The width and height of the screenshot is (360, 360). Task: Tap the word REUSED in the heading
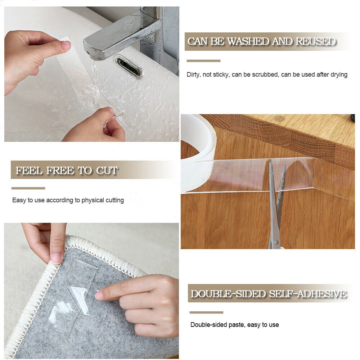coord(315,42)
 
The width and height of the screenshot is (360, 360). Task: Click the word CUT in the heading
coord(107,171)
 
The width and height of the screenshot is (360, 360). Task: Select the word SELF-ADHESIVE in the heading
coord(308,294)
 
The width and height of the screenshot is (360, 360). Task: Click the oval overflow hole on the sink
coord(129,66)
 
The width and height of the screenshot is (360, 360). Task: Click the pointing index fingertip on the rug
coord(100,295)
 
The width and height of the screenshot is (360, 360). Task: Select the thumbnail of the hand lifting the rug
coord(57,258)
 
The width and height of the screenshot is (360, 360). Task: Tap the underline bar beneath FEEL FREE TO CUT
coord(28,188)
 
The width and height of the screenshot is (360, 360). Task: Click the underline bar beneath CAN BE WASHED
coord(203,61)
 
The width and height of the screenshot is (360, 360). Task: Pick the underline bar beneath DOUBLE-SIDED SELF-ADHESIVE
coord(206,312)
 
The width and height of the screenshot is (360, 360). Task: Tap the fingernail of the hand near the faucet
coord(66,45)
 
